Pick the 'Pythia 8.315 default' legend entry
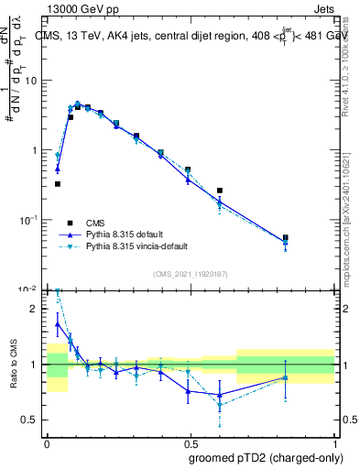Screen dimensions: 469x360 click(x=123, y=234)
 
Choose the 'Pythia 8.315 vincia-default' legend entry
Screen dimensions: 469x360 click(x=134, y=246)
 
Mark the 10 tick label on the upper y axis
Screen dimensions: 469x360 click(x=30, y=81)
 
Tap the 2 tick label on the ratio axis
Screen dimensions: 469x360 click(x=35, y=309)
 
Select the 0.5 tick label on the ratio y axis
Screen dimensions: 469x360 click(x=30, y=420)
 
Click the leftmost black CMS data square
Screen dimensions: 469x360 click(x=58, y=184)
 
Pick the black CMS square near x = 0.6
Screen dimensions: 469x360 click(x=220, y=191)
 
